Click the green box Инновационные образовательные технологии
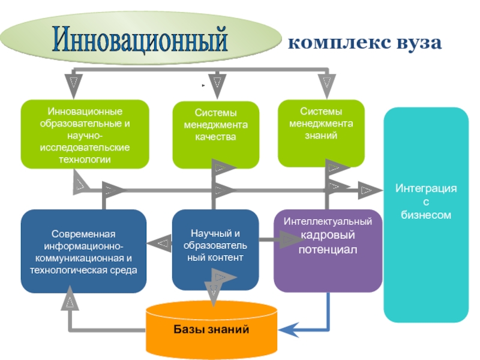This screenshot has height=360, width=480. tap(85, 134)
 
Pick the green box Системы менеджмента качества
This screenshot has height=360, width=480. tap(215, 134)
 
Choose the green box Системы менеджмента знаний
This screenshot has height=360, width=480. tap(321, 133)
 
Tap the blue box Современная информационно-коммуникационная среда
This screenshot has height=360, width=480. tap(84, 251)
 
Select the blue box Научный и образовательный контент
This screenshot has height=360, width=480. tap(215, 250)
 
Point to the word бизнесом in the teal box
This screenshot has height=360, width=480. tap(425, 214)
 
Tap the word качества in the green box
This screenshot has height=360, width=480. tap(215, 137)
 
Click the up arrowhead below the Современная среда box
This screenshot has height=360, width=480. tap(71, 299)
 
